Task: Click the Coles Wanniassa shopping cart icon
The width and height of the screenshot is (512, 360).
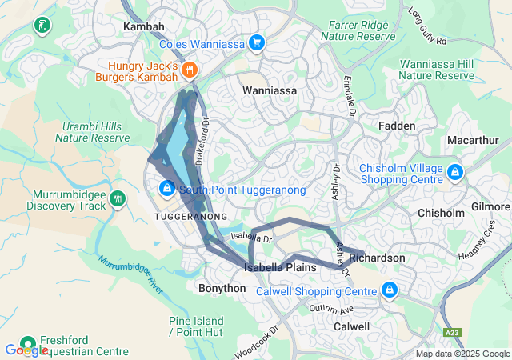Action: click(256, 43)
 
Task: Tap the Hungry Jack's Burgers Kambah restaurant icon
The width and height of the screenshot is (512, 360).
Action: click(190, 70)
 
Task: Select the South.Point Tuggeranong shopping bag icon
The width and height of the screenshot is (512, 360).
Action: click(166, 189)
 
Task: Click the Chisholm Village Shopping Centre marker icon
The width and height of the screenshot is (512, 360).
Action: click(454, 172)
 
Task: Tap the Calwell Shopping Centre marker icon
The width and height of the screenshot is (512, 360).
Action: click(390, 290)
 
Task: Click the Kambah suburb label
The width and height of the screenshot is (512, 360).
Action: click(143, 26)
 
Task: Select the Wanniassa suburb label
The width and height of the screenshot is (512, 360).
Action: click(270, 90)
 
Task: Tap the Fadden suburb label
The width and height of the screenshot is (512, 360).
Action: click(397, 126)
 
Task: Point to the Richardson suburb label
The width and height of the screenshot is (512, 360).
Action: click(377, 258)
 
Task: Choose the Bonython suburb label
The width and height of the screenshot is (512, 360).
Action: click(222, 287)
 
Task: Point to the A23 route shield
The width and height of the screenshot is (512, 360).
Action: click(452, 330)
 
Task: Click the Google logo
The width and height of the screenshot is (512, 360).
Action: click(26, 350)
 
